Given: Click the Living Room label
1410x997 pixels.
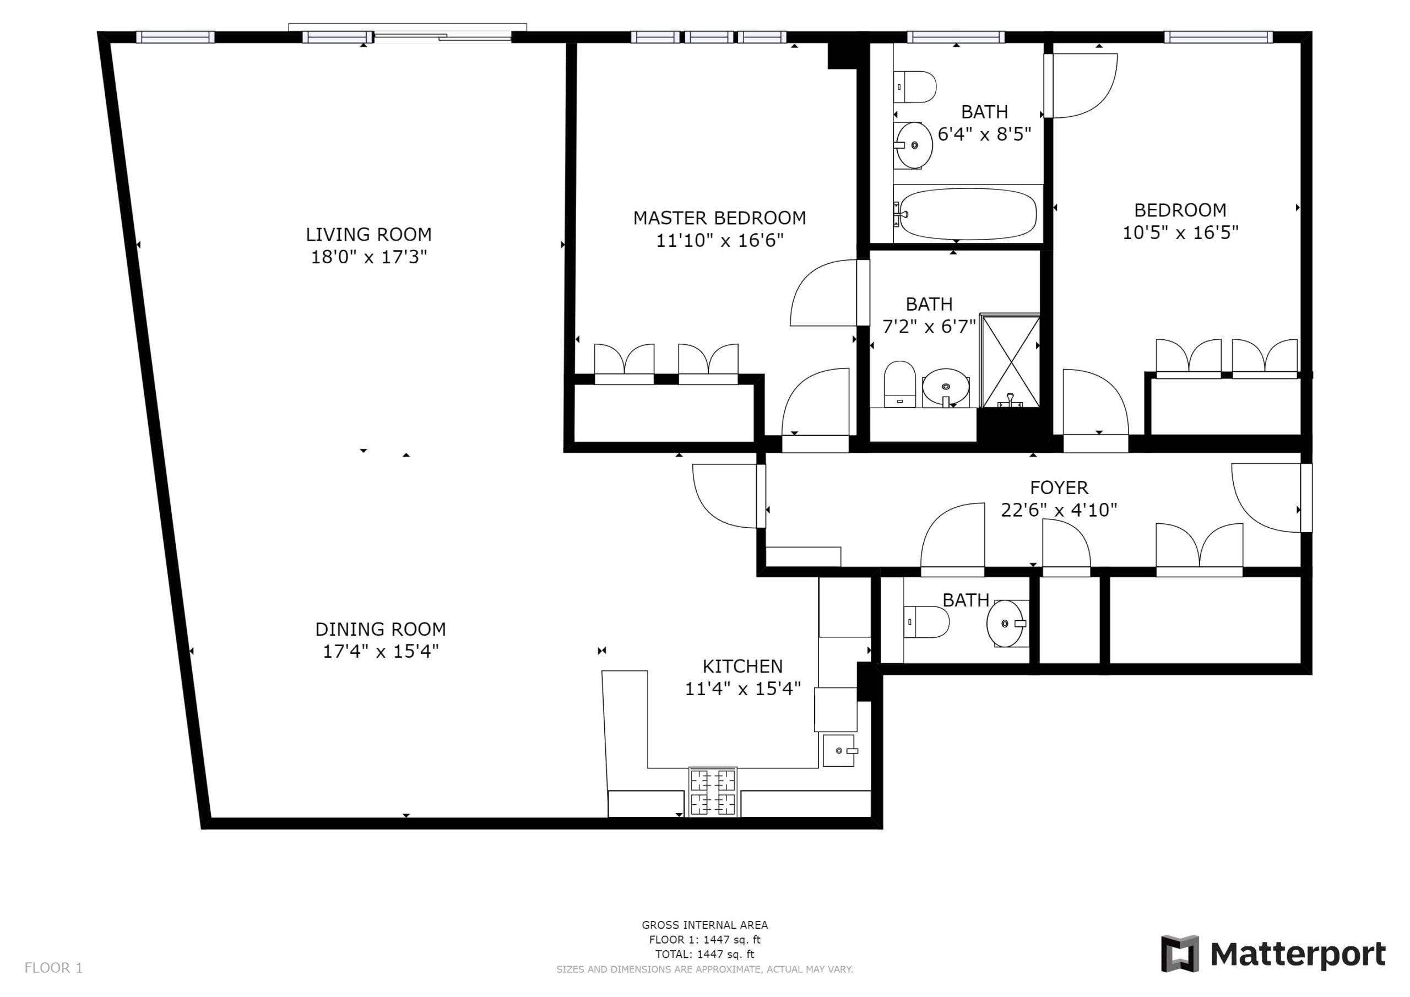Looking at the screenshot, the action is (368, 234).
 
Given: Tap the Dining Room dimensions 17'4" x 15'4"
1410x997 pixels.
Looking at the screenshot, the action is (381, 651).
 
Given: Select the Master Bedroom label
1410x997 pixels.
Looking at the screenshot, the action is (719, 218).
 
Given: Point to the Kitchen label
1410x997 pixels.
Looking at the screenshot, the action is (742, 666).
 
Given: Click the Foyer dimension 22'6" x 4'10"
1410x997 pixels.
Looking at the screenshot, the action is (1059, 510).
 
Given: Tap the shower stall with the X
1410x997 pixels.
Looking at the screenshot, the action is (1010, 361).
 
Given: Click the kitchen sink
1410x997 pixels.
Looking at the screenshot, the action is (839, 751).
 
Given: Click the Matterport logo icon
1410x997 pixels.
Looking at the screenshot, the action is (1179, 954).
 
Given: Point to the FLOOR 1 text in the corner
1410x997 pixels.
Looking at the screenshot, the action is (53, 968).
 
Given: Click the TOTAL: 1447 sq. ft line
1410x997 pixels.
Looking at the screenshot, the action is (704, 954).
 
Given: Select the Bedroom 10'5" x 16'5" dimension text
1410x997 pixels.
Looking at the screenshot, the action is (1180, 233).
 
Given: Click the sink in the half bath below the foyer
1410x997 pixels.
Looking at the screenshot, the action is (1006, 623).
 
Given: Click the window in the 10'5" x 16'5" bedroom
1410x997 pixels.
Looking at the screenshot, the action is (1218, 37).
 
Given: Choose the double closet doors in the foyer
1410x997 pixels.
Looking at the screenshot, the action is (1200, 550).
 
